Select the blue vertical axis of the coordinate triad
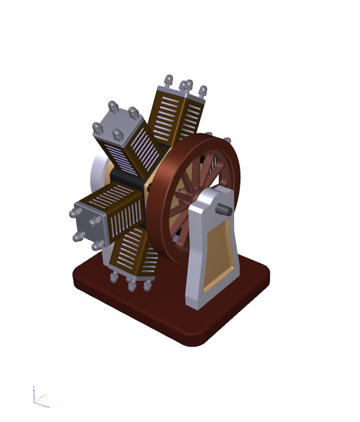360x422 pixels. click(34, 393)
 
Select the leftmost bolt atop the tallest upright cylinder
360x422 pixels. click(169, 80)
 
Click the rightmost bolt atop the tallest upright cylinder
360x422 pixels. click(203, 91)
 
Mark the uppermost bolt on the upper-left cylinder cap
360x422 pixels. click(113, 106)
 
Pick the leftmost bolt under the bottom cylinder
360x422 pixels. click(114, 277)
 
